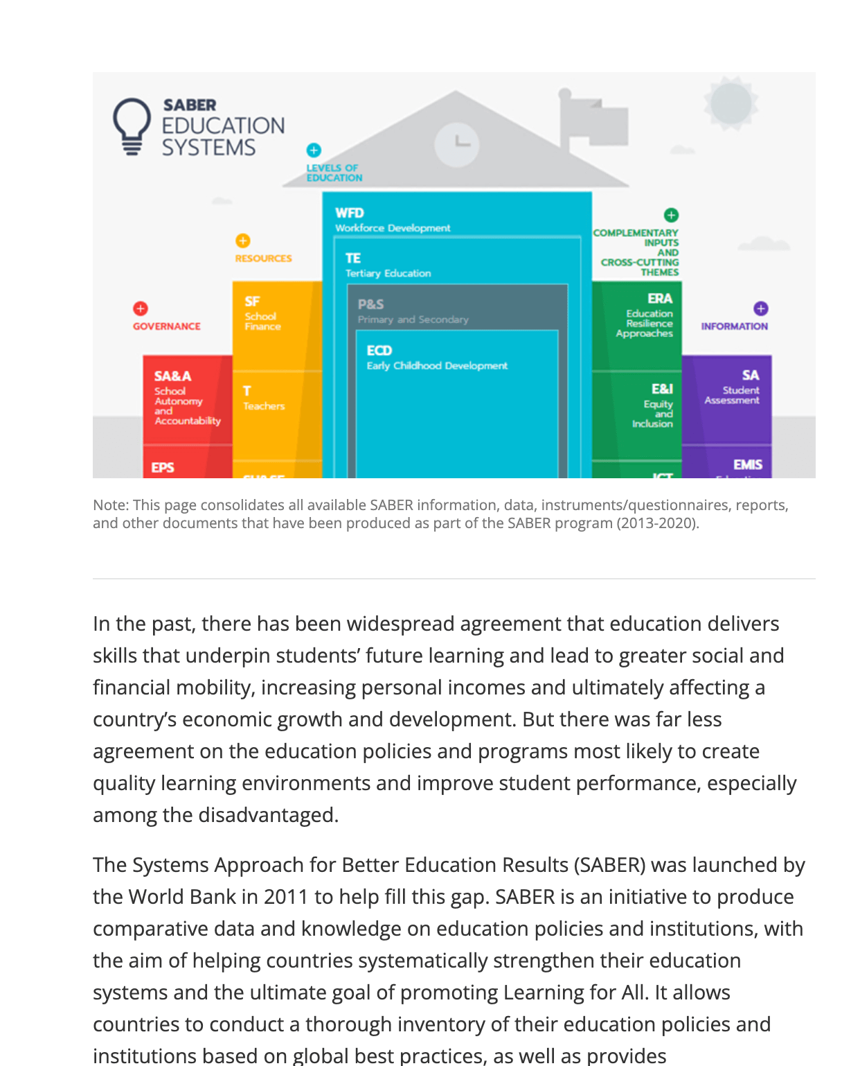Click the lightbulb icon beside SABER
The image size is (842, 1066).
tap(132, 125)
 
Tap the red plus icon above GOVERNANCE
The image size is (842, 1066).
tap(141, 308)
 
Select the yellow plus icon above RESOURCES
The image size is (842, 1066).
tap(242, 241)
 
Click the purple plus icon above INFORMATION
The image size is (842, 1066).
tap(760, 308)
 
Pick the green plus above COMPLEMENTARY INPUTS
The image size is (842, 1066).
tap(671, 215)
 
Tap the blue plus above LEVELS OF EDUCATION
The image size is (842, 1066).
tap(314, 150)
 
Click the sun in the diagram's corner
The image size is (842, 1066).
tap(731, 103)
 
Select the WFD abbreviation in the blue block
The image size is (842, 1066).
tap(349, 213)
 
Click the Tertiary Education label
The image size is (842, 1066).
tap(388, 273)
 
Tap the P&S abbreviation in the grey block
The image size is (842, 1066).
tap(370, 304)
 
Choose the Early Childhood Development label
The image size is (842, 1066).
tap(437, 365)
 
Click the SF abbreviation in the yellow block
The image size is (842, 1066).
tap(252, 302)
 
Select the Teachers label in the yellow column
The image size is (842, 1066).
tap(264, 406)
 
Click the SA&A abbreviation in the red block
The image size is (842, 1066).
tap(172, 376)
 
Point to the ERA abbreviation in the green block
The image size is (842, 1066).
tap(659, 298)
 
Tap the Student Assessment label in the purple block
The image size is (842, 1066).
tap(733, 395)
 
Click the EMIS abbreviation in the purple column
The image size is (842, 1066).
tap(747, 464)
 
